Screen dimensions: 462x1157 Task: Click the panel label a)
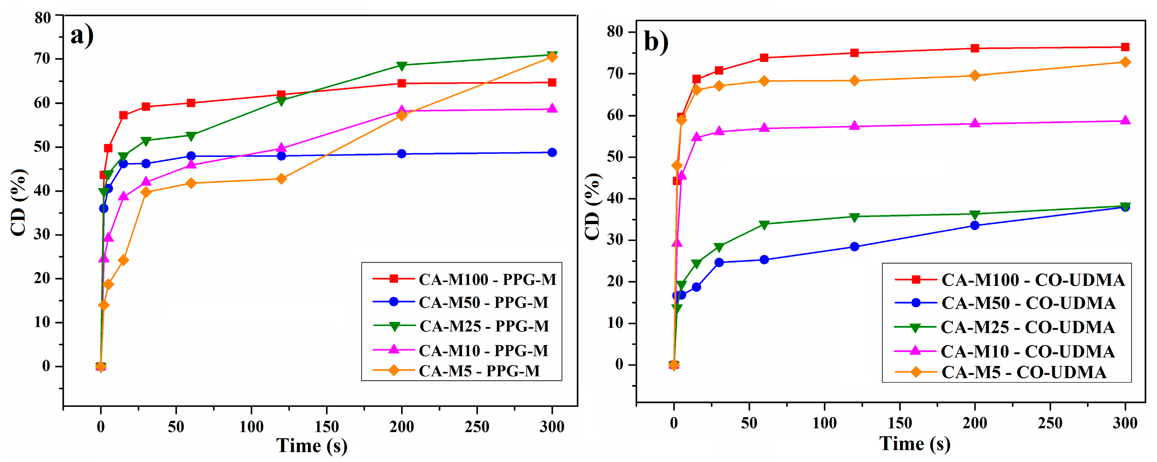tap(82, 36)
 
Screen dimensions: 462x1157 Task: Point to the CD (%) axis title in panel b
tap(593, 206)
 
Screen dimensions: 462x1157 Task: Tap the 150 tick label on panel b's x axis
tap(900, 423)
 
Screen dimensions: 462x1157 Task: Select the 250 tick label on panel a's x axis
tap(477, 427)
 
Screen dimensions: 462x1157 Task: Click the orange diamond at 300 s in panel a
tap(552, 57)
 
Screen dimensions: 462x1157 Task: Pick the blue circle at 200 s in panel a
tap(401, 154)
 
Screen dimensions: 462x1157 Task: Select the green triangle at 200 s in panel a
tap(401, 66)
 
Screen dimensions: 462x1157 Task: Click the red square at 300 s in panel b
tap(1125, 47)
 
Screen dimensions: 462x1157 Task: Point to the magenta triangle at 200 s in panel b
tap(975, 123)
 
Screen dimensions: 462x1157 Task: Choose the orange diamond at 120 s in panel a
tap(281, 179)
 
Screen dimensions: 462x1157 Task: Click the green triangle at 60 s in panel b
tap(764, 224)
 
